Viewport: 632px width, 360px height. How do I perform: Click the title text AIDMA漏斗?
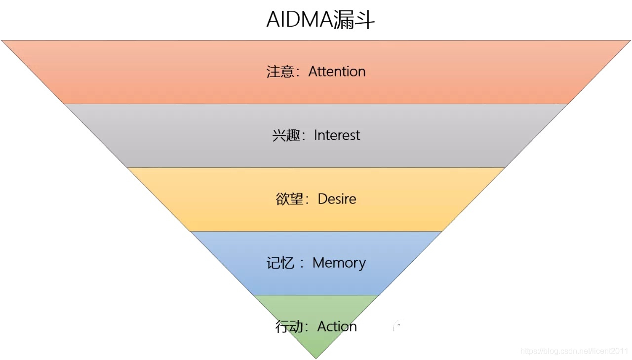tap(320, 20)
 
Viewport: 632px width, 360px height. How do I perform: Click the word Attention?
tap(337, 72)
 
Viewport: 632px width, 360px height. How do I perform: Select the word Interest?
tap(337, 135)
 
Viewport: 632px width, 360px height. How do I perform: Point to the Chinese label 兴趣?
tap(286, 135)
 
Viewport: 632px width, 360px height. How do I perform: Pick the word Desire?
tap(337, 199)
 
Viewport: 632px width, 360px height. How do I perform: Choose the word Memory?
tap(339, 263)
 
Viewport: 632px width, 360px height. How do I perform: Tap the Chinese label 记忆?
tap(280, 263)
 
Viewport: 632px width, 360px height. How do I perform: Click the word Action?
tap(337, 326)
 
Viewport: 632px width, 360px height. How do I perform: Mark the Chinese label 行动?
tap(289, 326)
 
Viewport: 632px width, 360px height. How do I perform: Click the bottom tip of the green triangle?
tap(316, 358)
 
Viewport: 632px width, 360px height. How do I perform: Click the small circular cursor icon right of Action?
tap(397, 326)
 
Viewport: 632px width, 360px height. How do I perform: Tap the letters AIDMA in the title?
tap(299, 20)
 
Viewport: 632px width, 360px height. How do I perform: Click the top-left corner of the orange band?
tap(2, 41)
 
